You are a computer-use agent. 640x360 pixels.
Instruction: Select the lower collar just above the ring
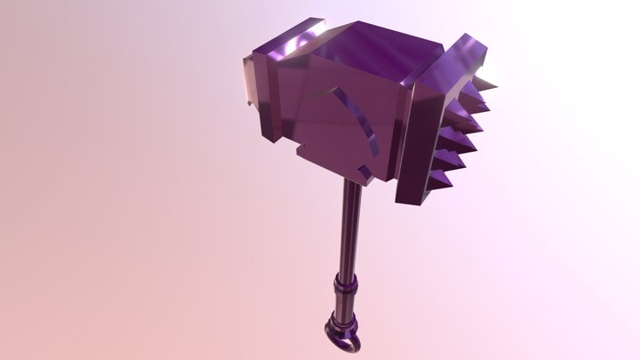click(x=339, y=321)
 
